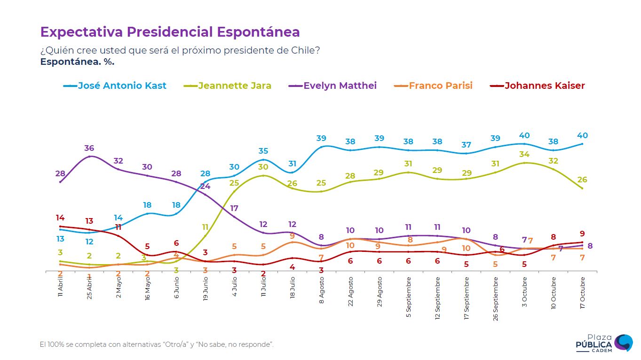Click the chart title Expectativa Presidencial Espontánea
coord(170,32)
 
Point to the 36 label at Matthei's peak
coord(89,148)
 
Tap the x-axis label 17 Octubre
coord(583,293)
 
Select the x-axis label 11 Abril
coord(61,288)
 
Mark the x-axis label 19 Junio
coord(206,290)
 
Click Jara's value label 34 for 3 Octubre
coord(524,155)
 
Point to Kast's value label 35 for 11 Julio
coord(263,151)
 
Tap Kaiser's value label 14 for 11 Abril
coord(60,218)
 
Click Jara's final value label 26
coord(582,180)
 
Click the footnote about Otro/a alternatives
coord(157,344)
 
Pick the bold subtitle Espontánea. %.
coord(77,61)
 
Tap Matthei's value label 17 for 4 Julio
coord(234,208)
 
